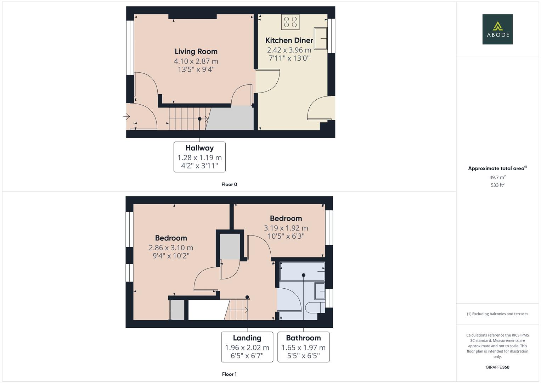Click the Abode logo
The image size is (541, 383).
(x=497, y=29)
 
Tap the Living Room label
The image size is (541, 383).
(x=196, y=51)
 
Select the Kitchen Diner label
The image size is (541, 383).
(x=289, y=40)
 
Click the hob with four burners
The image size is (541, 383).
(x=291, y=22)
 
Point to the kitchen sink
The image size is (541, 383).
(x=320, y=38)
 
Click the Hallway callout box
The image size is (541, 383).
(x=199, y=157)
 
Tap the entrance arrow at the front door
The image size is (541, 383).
(x=126, y=116)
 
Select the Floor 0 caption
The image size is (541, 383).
(x=229, y=184)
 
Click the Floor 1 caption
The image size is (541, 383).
(x=229, y=374)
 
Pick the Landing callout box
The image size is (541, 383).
(x=247, y=347)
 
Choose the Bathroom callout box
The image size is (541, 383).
(x=303, y=347)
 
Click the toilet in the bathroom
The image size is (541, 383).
(x=314, y=307)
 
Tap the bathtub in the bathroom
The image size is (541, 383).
(x=302, y=271)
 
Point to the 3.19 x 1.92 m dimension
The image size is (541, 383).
(x=286, y=228)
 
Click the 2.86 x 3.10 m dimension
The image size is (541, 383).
(x=171, y=248)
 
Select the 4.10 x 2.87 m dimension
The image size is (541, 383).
(x=196, y=61)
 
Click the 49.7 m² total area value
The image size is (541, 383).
(x=497, y=177)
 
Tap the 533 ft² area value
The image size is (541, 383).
(x=497, y=185)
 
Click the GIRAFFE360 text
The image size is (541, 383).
(x=497, y=367)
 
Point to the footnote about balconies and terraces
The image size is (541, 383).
(x=497, y=314)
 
